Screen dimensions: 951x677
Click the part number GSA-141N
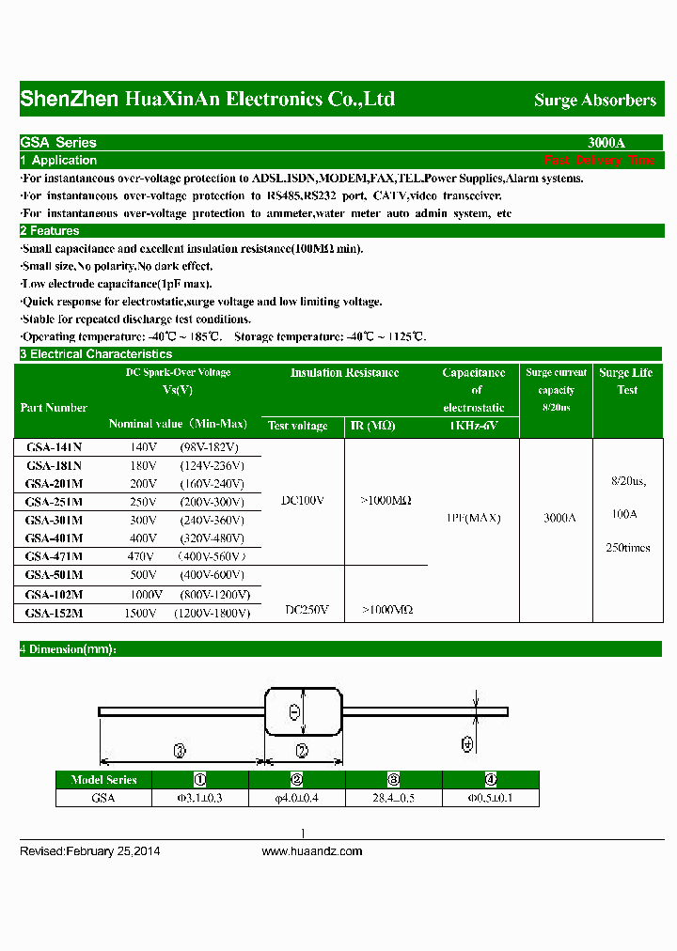(x=54, y=447)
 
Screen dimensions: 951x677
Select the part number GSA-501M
(x=54, y=575)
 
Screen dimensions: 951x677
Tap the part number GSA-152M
(x=54, y=613)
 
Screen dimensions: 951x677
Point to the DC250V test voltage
(x=307, y=610)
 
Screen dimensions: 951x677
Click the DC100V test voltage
(x=303, y=501)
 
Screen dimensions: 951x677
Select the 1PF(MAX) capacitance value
(x=472, y=518)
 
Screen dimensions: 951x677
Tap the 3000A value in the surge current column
(x=559, y=518)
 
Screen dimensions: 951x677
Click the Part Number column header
(x=54, y=408)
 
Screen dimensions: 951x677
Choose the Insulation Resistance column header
(x=344, y=373)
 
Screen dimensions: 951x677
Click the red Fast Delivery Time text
(x=599, y=161)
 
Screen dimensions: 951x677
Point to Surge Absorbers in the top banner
(x=595, y=100)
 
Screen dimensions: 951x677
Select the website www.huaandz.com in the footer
(x=311, y=851)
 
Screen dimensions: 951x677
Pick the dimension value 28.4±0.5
(x=394, y=798)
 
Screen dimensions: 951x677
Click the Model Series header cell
(x=103, y=780)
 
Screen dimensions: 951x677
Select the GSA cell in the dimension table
(x=103, y=798)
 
